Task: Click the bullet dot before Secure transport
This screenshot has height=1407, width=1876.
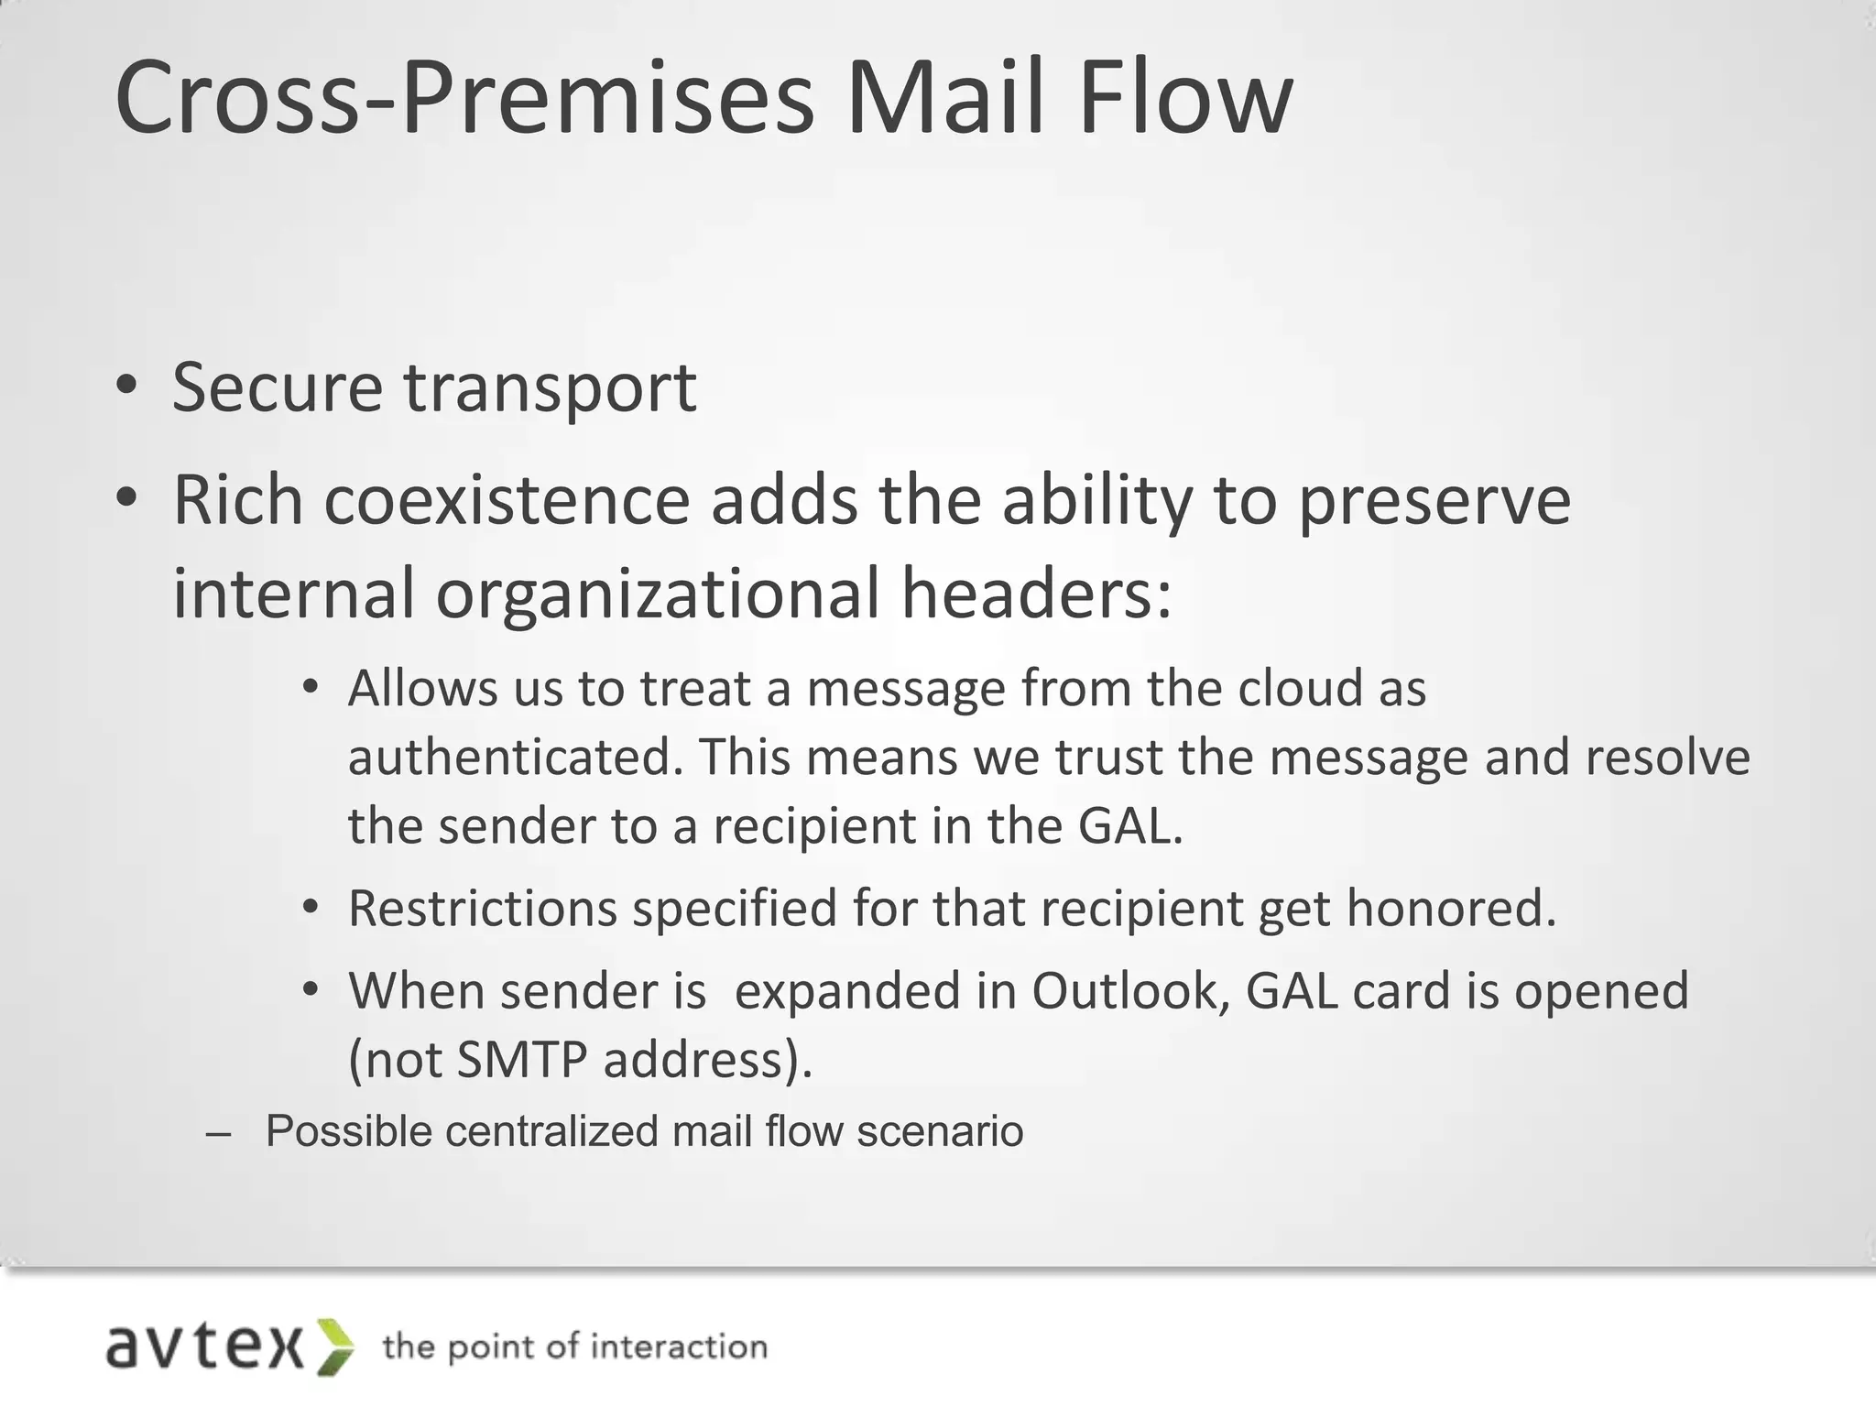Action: coord(127,386)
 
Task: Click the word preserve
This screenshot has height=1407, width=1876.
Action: coord(1434,503)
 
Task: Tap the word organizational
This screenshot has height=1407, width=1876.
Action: coord(657,594)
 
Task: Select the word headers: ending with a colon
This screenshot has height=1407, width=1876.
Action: coord(1036,594)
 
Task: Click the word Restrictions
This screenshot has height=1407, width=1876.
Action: coord(482,909)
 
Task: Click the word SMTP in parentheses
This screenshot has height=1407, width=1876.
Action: coord(521,1060)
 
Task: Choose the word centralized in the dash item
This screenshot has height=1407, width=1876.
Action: coord(548,1131)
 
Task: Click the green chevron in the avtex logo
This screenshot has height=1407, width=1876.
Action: coord(334,1347)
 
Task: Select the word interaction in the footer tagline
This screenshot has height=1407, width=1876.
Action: coord(678,1347)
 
